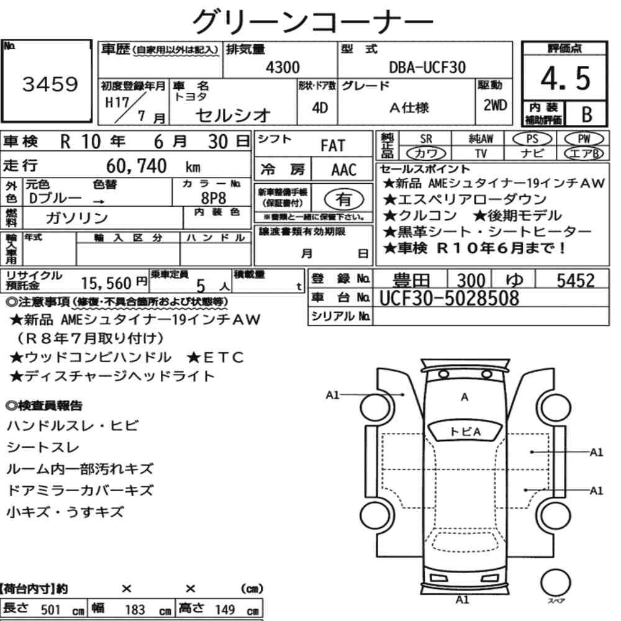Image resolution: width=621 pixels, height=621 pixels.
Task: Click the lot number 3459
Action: [x=50, y=84]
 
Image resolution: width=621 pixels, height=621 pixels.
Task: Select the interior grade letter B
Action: [x=587, y=114]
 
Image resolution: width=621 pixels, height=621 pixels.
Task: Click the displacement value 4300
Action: [x=283, y=67]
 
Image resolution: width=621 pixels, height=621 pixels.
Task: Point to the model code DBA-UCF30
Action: [x=427, y=67]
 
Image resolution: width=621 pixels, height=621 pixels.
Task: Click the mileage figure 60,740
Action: [x=136, y=166]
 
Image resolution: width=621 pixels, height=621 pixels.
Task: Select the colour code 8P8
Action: [x=213, y=197]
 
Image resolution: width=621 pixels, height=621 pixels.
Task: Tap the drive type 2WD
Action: [x=495, y=105]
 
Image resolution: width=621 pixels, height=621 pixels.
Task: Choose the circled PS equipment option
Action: [x=532, y=139]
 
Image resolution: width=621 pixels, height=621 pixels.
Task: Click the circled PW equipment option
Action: [x=584, y=139]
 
